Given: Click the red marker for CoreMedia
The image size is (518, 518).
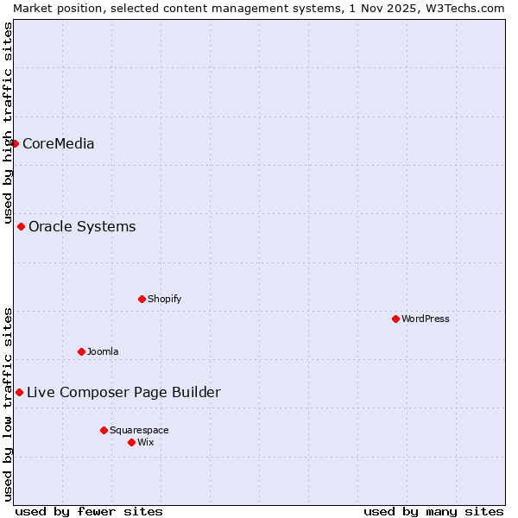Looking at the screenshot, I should tap(16, 143).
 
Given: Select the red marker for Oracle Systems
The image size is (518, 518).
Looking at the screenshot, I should tap(22, 227).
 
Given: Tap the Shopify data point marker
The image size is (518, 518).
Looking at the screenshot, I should tap(142, 300).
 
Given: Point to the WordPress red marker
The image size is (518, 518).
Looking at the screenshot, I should tap(396, 319).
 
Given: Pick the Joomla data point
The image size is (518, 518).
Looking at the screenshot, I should tap(82, 351).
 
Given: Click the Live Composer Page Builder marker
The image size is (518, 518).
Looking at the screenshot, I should tap(20, 393).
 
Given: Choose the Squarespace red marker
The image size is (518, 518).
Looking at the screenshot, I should tap(104, 430).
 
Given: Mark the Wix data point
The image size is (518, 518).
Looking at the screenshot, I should tap(132, 443).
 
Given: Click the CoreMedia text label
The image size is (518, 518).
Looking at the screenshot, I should tap(58, 144).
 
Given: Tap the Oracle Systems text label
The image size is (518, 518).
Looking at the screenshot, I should tap(82, 227).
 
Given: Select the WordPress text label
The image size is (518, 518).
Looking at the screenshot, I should tap(426, 319).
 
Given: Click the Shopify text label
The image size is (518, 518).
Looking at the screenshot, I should tap(164, 300).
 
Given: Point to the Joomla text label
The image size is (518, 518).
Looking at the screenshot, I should tap(103, 351).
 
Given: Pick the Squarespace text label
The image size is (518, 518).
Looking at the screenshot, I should tap(139, 430).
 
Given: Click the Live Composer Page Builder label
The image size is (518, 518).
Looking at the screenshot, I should tap(123, 393).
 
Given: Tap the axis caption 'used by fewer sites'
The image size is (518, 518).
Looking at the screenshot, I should tap(89, 511).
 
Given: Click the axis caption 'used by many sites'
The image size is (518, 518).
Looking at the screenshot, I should tap(433, 511).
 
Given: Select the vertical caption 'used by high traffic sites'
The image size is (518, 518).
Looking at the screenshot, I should tap(8, 123).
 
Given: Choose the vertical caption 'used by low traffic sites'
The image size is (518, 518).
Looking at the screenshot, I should tap(8, 404).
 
